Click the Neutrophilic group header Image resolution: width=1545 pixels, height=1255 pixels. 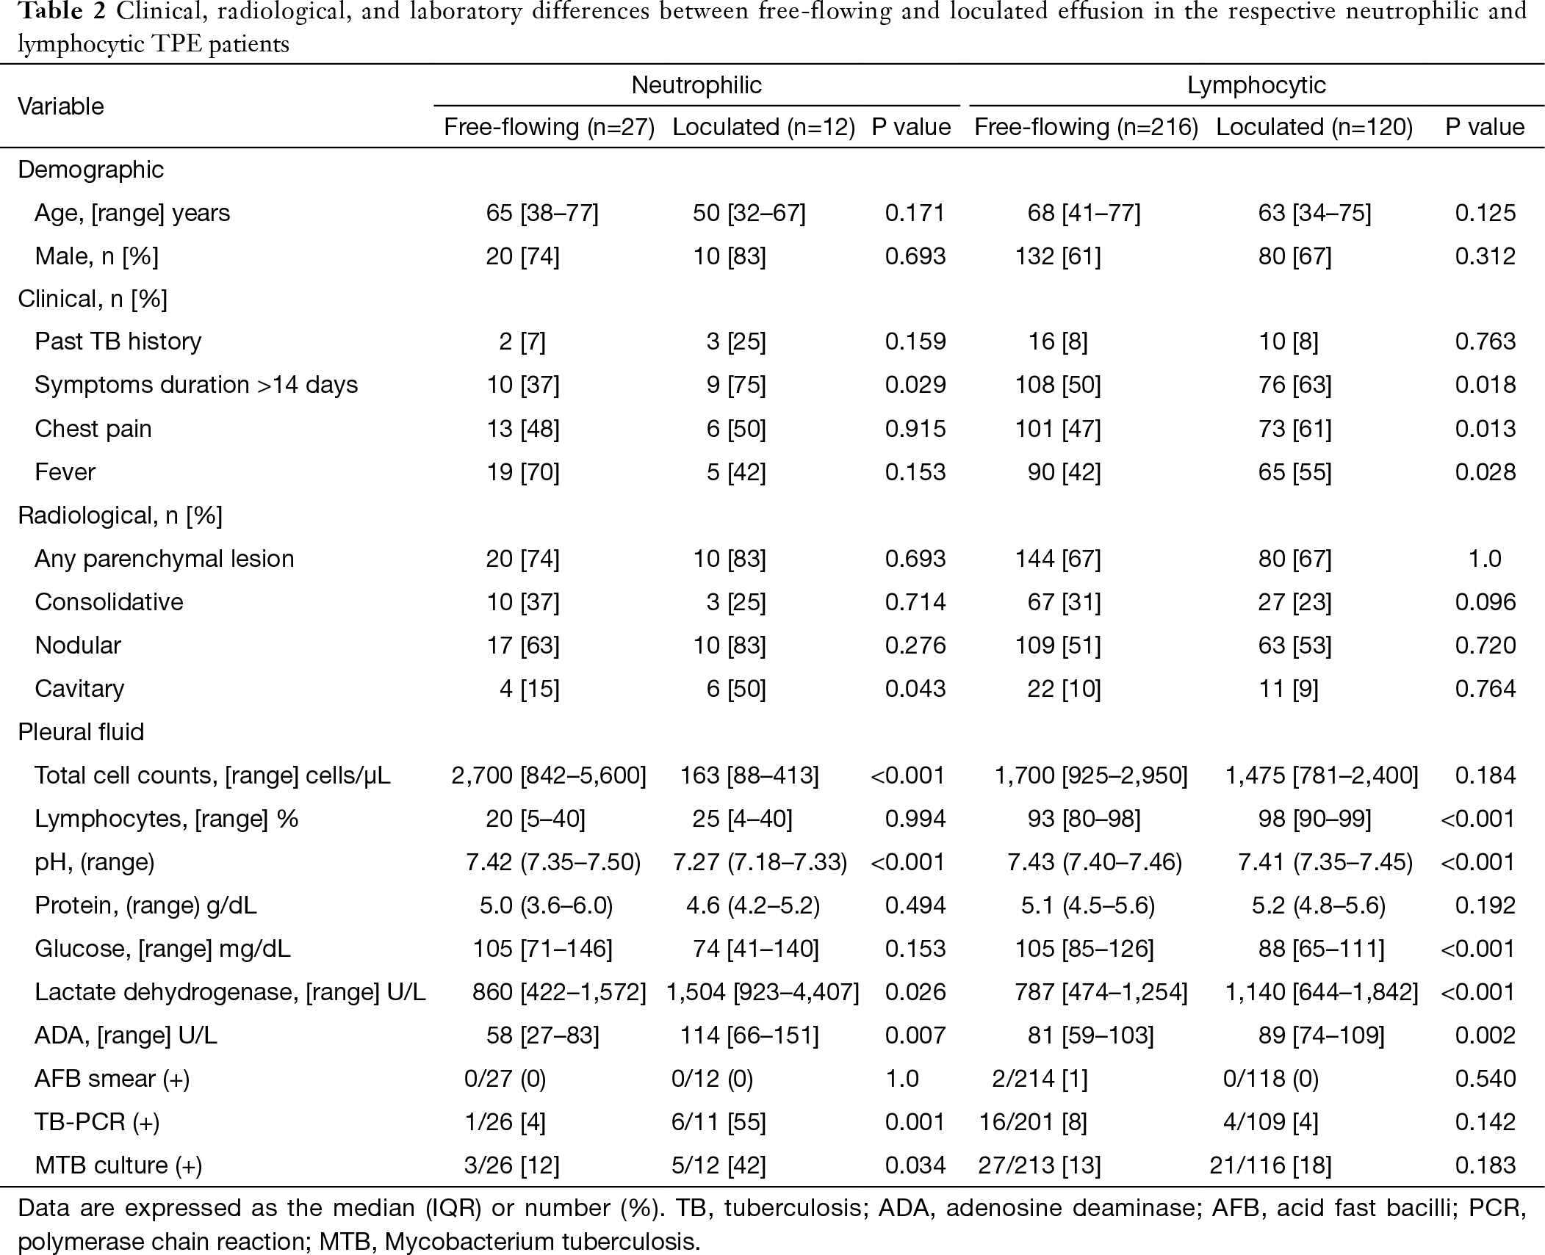point(696,85)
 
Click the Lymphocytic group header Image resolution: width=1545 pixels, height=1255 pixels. point(1256,85)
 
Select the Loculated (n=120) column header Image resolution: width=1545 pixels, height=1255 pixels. point(1314,127)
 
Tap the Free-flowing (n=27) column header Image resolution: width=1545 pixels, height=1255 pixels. point(549,127)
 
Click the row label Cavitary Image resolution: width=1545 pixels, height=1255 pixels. point(79,688)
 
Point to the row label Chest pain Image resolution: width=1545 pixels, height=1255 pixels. point(93,428)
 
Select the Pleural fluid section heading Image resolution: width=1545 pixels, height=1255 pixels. point(81,731)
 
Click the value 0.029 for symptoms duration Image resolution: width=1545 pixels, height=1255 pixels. point(915,385)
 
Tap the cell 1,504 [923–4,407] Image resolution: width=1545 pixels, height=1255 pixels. point(762,991)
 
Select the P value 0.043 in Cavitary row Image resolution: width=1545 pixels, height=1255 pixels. point(915,688)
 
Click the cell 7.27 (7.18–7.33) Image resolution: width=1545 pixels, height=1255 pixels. point(759,861)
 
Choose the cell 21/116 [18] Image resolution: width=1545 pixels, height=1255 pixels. point(1270,1165)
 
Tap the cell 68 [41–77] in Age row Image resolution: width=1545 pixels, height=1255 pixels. point(1084,213)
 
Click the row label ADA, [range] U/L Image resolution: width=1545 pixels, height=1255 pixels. point(126,1035)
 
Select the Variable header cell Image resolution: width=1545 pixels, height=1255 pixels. point(61,106)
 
